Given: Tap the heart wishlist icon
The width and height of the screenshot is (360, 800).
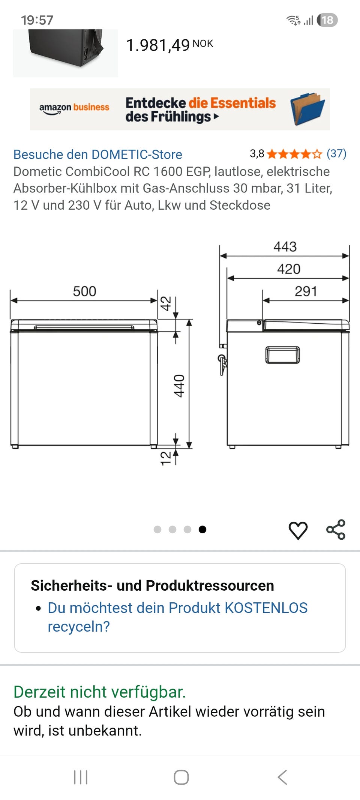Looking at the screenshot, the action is coord(298,530).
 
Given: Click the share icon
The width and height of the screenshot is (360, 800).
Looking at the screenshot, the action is coord(336,530).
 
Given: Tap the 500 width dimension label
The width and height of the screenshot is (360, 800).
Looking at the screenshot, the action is coord(84,291).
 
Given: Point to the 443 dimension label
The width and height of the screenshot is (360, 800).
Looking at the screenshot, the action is coord(285,246).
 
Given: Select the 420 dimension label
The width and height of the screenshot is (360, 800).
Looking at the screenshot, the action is coord(289,269).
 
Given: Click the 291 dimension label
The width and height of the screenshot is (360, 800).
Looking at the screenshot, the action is coord(306,291).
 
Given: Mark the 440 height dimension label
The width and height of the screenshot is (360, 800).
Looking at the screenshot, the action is coord(179,386).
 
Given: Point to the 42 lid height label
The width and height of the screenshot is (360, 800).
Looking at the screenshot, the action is coord(166,303).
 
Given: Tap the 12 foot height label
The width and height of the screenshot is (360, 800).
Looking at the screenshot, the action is coord(165,458).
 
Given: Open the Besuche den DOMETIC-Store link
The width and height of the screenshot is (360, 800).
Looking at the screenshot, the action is coord(98,155).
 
